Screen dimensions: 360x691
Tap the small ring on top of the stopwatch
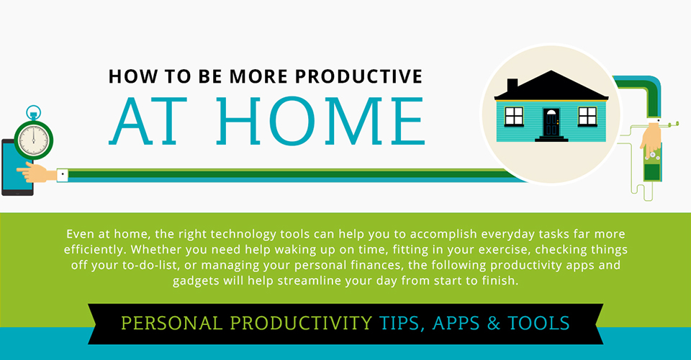coord(33,112)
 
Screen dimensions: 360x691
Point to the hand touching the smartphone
coord(37,173)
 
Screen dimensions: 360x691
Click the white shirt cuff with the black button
coord(62,174)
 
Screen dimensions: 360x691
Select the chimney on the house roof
coord(512,86)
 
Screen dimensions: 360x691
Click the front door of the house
coord(551,122)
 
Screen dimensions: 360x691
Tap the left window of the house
coord(514,116)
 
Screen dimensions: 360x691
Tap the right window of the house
coord(588,116)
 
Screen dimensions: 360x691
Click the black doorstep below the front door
coord(551,138)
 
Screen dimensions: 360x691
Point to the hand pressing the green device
coord(650,137)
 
